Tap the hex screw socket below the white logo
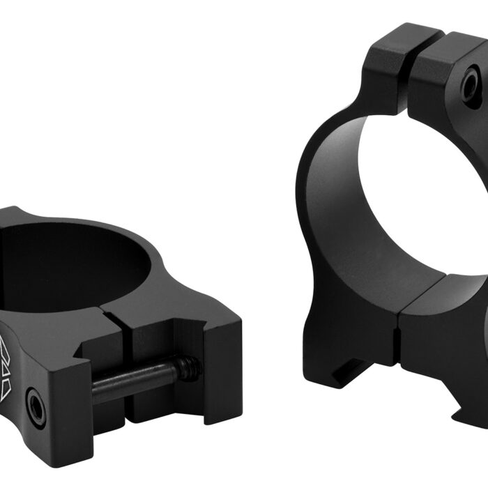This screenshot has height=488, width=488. coord(34,406)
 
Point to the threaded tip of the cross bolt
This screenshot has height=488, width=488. coord(188,369)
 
